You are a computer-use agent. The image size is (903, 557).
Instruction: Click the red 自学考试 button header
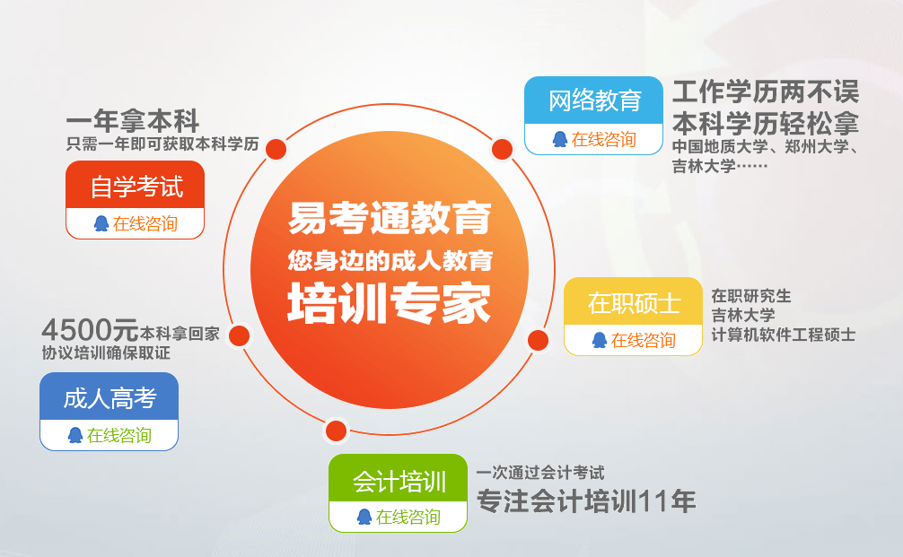click(136, 185)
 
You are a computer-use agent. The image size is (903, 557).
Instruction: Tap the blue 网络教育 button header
click(593, 100)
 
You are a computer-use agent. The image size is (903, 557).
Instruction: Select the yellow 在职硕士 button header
click(633, 301)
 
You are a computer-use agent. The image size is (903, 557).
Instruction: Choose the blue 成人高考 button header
click(109, 396)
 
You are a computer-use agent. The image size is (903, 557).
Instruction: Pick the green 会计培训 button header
click(398, 478)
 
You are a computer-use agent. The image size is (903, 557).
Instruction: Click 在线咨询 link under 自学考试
click(145, 223)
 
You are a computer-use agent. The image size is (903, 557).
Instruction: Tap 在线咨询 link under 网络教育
click(603, 139)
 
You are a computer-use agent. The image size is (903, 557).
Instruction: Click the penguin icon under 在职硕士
click(600, 340)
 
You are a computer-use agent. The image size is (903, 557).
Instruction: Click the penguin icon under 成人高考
click(75, 435)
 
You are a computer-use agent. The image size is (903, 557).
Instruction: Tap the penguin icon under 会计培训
click(364, 517)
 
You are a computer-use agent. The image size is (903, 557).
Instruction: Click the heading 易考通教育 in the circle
click(390, 218)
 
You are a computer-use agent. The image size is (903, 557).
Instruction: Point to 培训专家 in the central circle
click(390, 302)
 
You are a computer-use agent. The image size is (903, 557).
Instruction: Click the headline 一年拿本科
click(133, 121)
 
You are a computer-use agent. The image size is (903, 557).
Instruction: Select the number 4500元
click(90, 330)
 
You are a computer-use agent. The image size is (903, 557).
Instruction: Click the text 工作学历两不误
click(766, 92)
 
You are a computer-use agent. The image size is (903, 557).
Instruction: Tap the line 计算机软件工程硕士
click(784, 335)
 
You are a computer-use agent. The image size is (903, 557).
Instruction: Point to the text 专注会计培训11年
click(586, 500)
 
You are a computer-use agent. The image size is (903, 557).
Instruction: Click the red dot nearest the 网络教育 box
click(502, 150)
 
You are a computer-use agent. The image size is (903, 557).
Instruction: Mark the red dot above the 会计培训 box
click(337, 431)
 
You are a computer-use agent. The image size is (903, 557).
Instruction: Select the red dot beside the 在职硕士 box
click(539, 340)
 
